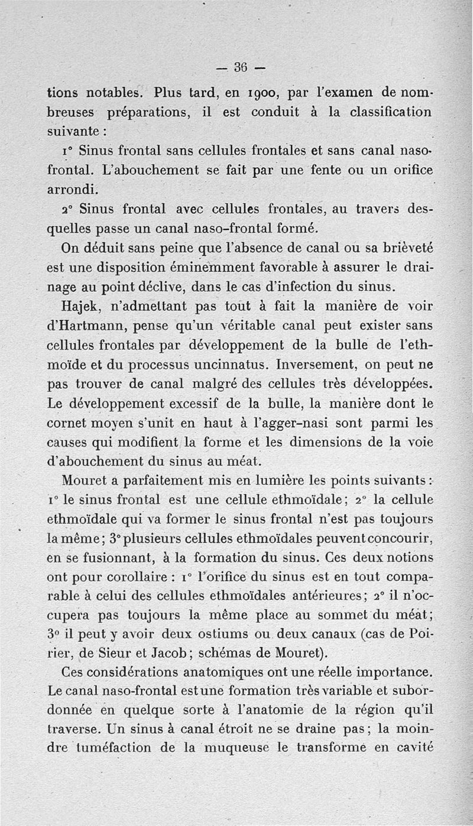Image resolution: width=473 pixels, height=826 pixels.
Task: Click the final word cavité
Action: pos(414,748)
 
